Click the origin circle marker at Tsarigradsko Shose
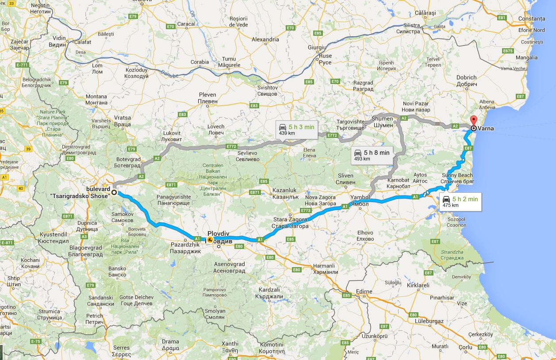coord(114,192)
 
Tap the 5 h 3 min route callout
coord(296,129)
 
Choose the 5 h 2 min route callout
coord(460,202)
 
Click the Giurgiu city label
coord(317,47)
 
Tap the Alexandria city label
coord(265,39)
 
